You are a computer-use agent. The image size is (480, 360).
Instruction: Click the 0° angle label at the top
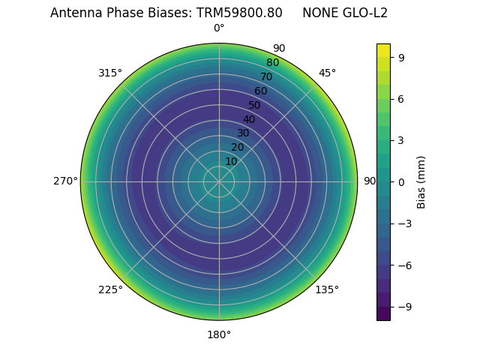coord(219,28)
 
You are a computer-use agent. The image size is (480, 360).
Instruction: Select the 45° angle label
coord(327,73)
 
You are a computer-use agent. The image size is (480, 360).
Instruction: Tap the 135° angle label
coord(327,289)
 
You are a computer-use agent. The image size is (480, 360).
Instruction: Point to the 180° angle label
coord(219,334)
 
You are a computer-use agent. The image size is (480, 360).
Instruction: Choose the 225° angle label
coord(110,289)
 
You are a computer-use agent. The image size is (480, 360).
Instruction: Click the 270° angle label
coord(65,181)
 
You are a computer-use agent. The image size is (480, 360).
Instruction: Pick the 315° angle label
coord(110,73)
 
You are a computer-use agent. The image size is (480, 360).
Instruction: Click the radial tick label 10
coord(231,162)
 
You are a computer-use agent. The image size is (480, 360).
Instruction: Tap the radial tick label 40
coord(249,119)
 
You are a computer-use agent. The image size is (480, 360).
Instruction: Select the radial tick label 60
coord(261,91)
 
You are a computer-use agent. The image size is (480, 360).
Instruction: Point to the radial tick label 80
coord(273,63)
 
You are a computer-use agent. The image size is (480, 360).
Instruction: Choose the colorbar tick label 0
coord(401,181)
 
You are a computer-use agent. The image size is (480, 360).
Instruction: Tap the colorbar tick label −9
coord(404,306)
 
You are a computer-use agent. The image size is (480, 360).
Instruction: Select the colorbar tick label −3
coord(404,223)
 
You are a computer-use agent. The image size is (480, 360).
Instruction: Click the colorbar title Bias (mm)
coord(421,181)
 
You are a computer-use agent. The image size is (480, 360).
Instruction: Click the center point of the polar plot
coord(219,181)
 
